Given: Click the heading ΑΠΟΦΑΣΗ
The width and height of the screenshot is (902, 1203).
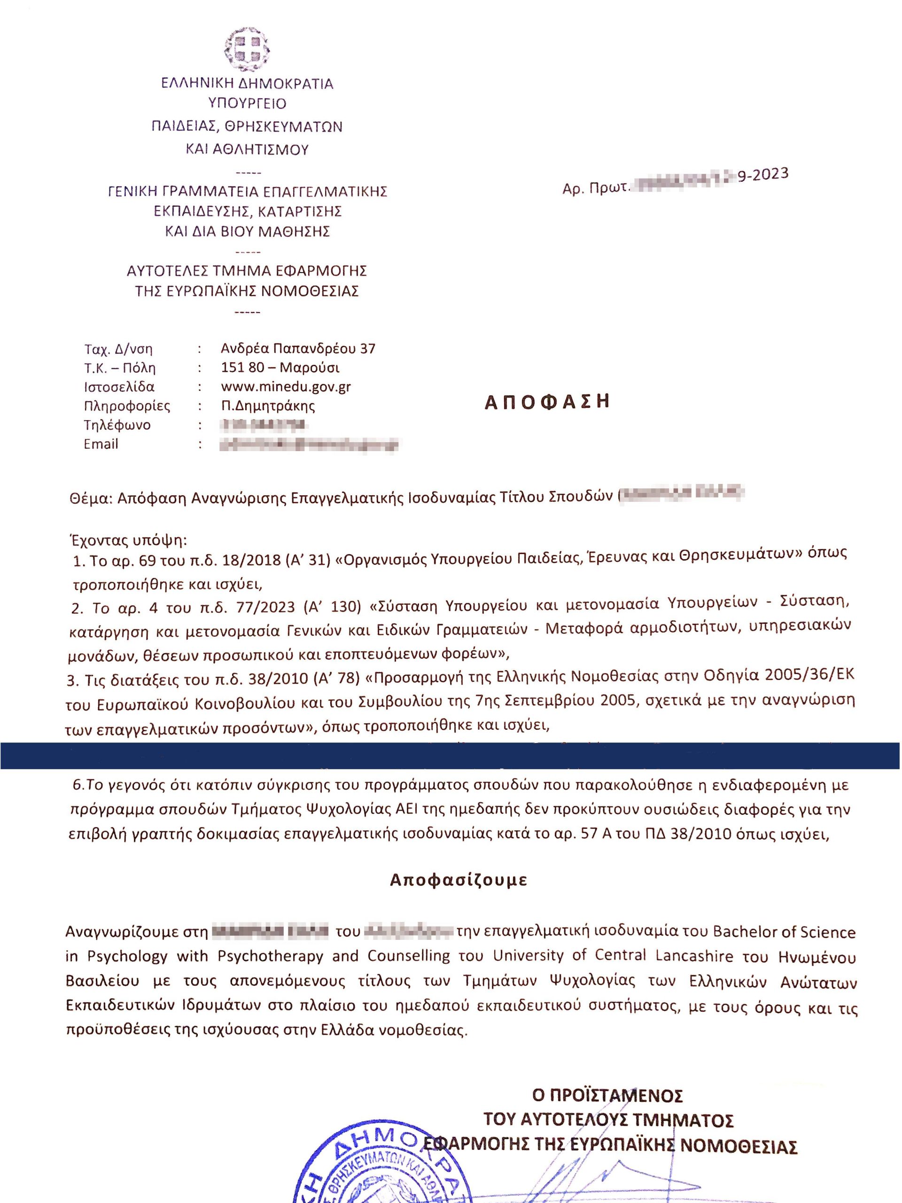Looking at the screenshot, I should coord(547,401).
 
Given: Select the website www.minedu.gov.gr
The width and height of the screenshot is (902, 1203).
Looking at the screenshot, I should coord(286,387).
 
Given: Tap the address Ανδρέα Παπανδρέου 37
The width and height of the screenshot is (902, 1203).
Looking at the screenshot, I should coord(298,348).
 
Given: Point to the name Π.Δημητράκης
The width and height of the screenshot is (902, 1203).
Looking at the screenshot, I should coord(268,406).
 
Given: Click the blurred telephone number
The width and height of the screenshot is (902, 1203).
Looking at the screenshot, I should coord(263,425).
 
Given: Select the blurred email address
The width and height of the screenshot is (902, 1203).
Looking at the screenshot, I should coord(308,445).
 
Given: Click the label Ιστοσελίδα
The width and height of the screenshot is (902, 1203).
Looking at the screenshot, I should coord(119,387).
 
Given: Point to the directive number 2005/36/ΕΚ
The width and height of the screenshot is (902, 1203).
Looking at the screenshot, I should coord(809,675).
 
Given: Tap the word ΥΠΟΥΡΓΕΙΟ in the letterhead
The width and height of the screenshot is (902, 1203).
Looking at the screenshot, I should coord(248,103).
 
